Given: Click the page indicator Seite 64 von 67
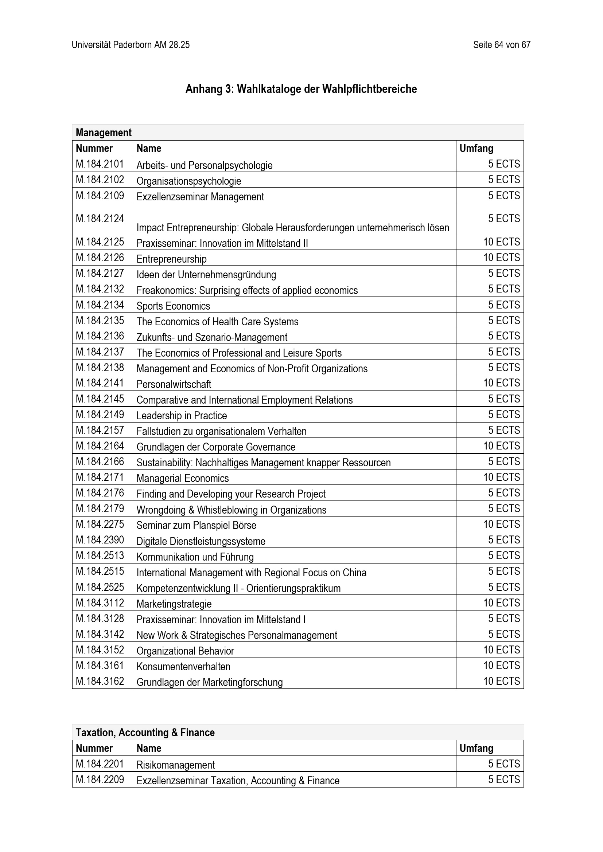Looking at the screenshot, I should click(x=501, y=45).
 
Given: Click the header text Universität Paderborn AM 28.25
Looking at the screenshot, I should click(x=131, y=45).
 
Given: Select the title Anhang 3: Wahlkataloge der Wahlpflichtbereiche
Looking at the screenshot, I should click(x=301, y=89).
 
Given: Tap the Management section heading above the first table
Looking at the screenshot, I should click(x=104, y=133).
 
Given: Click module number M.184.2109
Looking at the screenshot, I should click(x=100, y=196).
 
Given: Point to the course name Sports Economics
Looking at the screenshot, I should click(x=174, y=306).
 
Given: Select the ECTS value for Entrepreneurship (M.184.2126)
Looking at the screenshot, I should click(x=501, y=258).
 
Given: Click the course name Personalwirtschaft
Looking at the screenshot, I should click(x=174, y=384).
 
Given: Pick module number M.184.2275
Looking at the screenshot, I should click(x=100, y=524).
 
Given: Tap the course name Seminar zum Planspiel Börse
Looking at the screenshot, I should click(x=197, y=525).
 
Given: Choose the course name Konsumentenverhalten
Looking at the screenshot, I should click(x=183, y=667).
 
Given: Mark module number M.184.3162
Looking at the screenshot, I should click(x=100, y=681).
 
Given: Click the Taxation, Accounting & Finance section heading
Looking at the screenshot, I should click(x=145, y=733).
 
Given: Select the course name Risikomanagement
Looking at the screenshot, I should click(x=176, y=765).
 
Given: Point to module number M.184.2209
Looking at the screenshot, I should click(x=100, y=780).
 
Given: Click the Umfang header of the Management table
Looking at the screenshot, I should click(x=476, y=148).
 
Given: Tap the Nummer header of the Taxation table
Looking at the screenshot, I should click(x=94, y=748).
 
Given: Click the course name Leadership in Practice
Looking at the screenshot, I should click(x=182, y=416).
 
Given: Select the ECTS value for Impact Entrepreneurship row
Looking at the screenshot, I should click(x=503, y=219).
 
